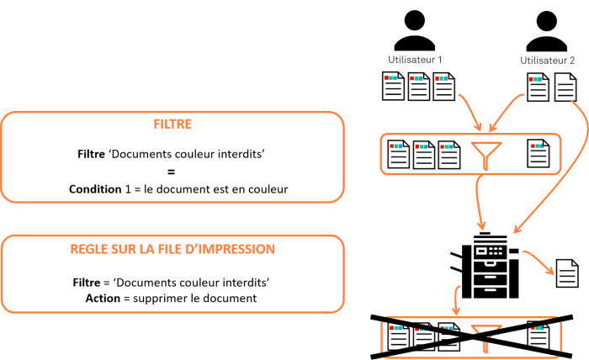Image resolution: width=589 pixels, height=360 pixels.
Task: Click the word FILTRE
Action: coord(172,124)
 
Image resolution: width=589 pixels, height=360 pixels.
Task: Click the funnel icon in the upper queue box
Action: coord(486,154)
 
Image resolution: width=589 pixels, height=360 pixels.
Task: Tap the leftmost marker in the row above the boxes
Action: coord(390,78)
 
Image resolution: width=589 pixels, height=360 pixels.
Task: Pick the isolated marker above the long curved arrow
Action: coord(535,79)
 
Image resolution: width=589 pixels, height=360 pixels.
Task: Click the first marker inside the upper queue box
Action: coord(395,146)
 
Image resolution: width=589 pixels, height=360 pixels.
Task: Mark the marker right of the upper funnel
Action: coord(537,146)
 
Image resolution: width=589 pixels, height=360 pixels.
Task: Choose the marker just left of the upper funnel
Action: coord(446,146)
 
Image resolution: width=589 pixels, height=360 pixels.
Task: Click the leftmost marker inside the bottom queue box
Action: coord(395,328)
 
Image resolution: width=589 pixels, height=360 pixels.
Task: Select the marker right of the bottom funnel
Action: coord(537,328)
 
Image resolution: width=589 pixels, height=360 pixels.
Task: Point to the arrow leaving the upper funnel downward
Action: coord(478,202)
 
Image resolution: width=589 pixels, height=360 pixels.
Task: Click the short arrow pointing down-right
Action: coord(539,262)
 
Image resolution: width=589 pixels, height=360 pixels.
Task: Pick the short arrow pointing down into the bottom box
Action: coord(456,299)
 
